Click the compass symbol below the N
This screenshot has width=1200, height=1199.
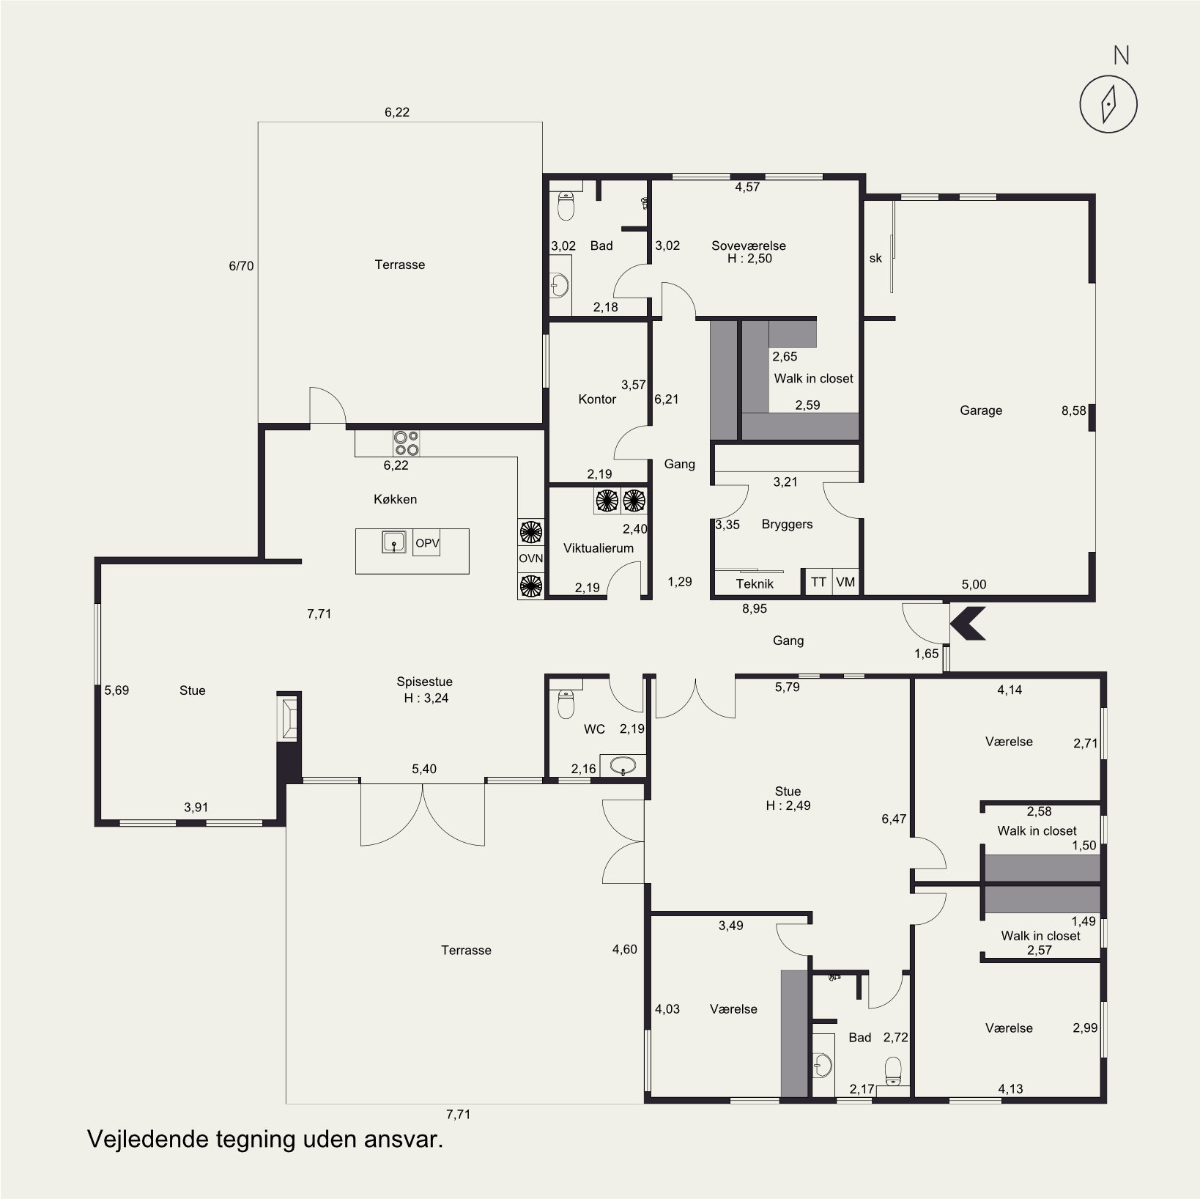coord(1108,104)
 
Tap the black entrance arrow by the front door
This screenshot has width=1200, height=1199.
coord(968,624)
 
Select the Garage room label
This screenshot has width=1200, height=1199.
coord(981,410)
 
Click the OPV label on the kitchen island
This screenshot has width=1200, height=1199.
coord(427,543)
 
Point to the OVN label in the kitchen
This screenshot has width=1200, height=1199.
coord(531,558)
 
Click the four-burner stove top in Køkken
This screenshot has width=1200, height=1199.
coord(407,443)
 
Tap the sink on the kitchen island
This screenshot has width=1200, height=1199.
coord(394,542)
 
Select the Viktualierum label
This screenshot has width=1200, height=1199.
coord(599,548)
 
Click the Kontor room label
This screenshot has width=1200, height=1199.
coord(597,399)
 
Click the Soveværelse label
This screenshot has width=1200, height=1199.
coord(749,246)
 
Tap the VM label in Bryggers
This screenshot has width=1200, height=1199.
coord(845,583)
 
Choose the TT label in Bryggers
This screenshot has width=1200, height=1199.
coord(818,583)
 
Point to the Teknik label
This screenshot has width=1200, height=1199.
coord(755,584)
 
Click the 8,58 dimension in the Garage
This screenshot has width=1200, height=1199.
coord(1074,411)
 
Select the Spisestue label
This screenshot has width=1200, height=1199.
coord(425,682)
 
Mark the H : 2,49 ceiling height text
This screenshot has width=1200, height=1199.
coord(788,805)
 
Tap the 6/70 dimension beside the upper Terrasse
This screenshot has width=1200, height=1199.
coord(241,266)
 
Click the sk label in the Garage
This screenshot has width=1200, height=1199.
coord(875,258)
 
